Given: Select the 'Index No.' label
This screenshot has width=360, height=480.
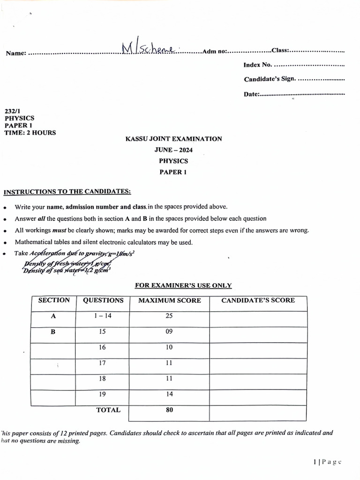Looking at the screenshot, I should click(257, 65).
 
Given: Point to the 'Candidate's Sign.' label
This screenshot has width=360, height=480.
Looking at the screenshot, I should click(270, 79).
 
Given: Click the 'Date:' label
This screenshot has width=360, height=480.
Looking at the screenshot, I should click(251, 94).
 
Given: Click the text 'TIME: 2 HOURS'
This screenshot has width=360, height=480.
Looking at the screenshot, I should click(30, 133).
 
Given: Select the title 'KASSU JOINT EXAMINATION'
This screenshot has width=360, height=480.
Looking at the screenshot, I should click(173, 139).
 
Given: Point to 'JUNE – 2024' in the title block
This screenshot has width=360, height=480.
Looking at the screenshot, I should click(173, 150).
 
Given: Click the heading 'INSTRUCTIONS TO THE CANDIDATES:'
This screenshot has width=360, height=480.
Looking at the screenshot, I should click(67, 192).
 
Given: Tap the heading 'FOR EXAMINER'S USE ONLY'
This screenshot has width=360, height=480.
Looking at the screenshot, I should click(183, 285).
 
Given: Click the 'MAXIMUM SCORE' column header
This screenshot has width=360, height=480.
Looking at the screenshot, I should click(169, 300).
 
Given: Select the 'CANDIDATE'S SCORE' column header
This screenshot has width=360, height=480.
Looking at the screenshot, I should click(258, 300).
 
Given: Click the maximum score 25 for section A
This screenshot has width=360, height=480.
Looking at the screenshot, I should click(169, 316).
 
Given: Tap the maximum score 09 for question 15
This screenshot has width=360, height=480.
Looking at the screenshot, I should click(169, 331).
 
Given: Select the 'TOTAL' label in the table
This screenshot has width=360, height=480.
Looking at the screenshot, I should click(108, 410).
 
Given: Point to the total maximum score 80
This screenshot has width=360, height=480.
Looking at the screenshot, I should click(169, 410).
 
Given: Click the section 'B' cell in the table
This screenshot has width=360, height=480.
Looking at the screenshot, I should click(53, 331).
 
